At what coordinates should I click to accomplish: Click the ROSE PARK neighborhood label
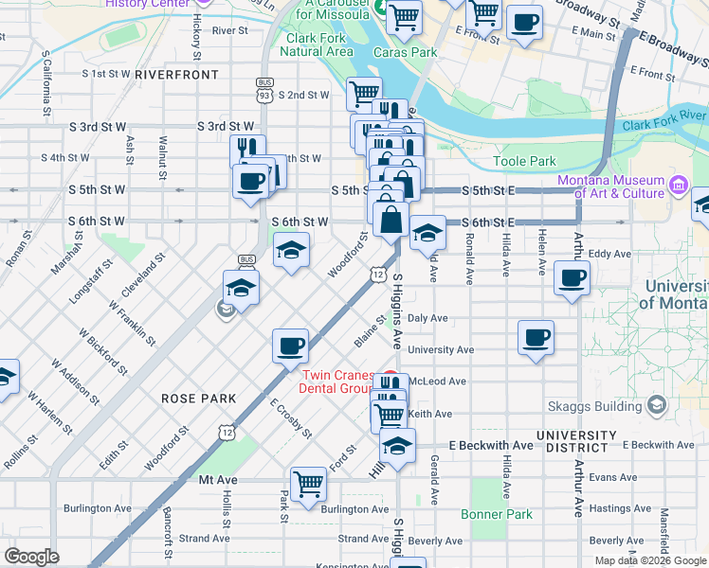[199, 399]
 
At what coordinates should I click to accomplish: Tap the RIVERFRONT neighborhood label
[176, 74]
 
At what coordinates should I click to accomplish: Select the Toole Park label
[525, 162]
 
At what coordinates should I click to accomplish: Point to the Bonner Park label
[497, 514]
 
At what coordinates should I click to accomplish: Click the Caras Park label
[412, 53]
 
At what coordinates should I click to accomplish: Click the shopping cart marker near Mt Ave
[309, 484]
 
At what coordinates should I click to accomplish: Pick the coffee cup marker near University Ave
[536, 338]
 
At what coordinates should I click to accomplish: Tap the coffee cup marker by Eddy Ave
[572, 279]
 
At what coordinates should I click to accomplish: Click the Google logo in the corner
[32, 557]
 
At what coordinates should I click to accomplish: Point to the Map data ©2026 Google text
[650, 560]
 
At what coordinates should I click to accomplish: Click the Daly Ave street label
[429, 319]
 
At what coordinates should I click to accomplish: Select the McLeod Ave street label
[445, 382]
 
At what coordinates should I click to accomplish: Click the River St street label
[229, 30]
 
